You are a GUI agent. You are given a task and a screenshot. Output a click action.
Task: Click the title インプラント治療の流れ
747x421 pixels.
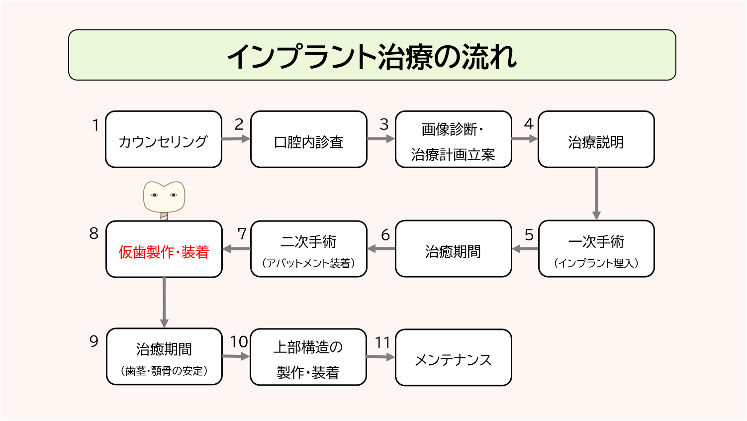click(x=372, y=56)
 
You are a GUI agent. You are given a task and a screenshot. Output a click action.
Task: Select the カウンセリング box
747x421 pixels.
click(x=164, y=140)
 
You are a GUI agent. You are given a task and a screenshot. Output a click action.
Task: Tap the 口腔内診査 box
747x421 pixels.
click(x=308, y=140)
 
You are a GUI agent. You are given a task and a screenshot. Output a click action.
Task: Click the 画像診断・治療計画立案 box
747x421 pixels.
click(x=453, y=140)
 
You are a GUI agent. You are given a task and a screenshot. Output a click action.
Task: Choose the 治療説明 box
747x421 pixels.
click(x=596, y=140)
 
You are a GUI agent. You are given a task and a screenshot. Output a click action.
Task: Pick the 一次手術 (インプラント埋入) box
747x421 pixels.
click(x=596, y=249)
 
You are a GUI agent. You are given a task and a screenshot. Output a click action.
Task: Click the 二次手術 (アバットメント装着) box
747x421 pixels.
click(x=308, y=249)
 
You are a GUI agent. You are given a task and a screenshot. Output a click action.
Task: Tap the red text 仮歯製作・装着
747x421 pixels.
click(x=164, y=252)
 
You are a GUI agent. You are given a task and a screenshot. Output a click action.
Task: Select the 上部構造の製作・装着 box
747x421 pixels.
click(x=308, y=357)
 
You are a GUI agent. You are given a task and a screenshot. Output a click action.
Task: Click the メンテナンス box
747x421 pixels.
click(x=453, y=358)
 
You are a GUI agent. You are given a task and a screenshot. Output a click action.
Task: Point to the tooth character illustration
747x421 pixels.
click(x=164, y=197)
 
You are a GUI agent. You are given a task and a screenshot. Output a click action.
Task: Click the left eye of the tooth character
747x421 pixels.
click(x=155, y=195)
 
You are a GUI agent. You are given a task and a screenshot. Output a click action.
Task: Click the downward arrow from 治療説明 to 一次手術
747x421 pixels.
click(x=596, y=194)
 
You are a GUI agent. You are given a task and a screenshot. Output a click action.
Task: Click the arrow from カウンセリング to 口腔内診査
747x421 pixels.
click(x=236, y=139)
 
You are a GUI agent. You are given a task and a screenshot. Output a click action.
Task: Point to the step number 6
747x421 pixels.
click(x=385, y=235)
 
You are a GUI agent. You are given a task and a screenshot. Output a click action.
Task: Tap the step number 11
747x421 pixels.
click(x=382, y=343)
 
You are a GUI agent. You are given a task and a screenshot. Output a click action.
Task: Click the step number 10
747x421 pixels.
click(x=239, y=342)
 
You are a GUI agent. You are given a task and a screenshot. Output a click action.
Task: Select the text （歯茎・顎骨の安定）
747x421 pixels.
click(x=164, y=371)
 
